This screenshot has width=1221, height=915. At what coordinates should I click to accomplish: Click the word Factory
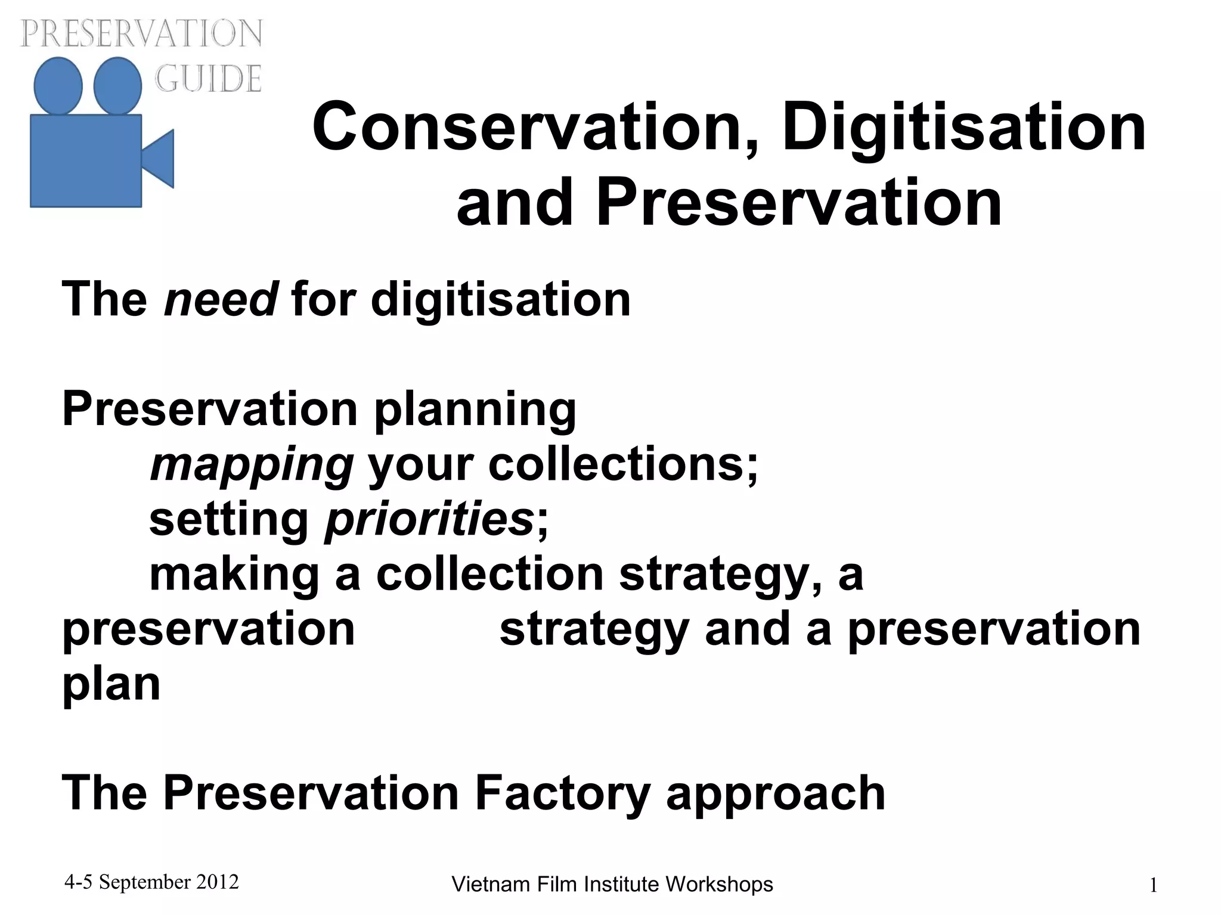click(x=562, y=793)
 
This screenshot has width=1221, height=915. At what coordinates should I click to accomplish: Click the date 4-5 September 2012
click(x=151, y=882)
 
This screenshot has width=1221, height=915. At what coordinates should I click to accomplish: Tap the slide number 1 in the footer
click(x=1153, y=886)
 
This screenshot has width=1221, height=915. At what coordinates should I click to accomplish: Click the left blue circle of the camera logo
click(x=58, y=86)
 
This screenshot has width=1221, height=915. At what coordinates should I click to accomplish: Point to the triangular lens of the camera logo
click(x=159, y=159)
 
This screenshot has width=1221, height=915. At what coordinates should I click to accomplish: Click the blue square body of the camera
click(x=86, y=161)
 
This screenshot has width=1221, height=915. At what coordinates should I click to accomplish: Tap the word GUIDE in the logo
click(x=208, y=78)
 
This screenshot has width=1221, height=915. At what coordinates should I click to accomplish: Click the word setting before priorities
click(x=228, y=520)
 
